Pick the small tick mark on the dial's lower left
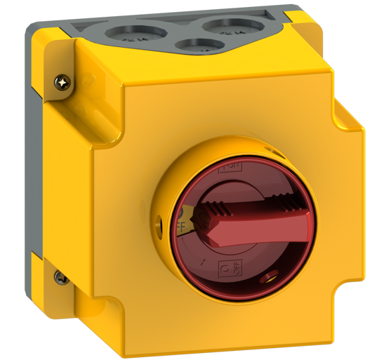202,262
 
